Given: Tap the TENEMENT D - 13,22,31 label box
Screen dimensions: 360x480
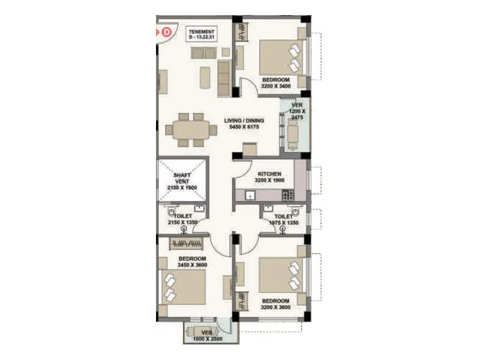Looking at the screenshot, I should click(200, 34).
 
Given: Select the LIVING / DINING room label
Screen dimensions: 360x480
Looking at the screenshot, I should click(244, 124).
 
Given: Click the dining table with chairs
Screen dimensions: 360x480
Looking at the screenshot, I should click(190, 130).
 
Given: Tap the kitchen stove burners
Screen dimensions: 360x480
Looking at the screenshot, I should click(288, 195).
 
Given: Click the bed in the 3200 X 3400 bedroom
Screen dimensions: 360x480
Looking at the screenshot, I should click(281, 57).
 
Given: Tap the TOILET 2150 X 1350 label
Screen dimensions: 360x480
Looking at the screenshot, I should click(182, 219).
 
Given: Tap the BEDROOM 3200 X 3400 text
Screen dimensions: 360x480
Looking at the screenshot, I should click(276, 83).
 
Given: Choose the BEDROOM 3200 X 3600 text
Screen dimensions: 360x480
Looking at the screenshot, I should click(276, 304).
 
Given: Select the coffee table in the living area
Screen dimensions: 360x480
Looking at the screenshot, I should click(205, 77).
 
